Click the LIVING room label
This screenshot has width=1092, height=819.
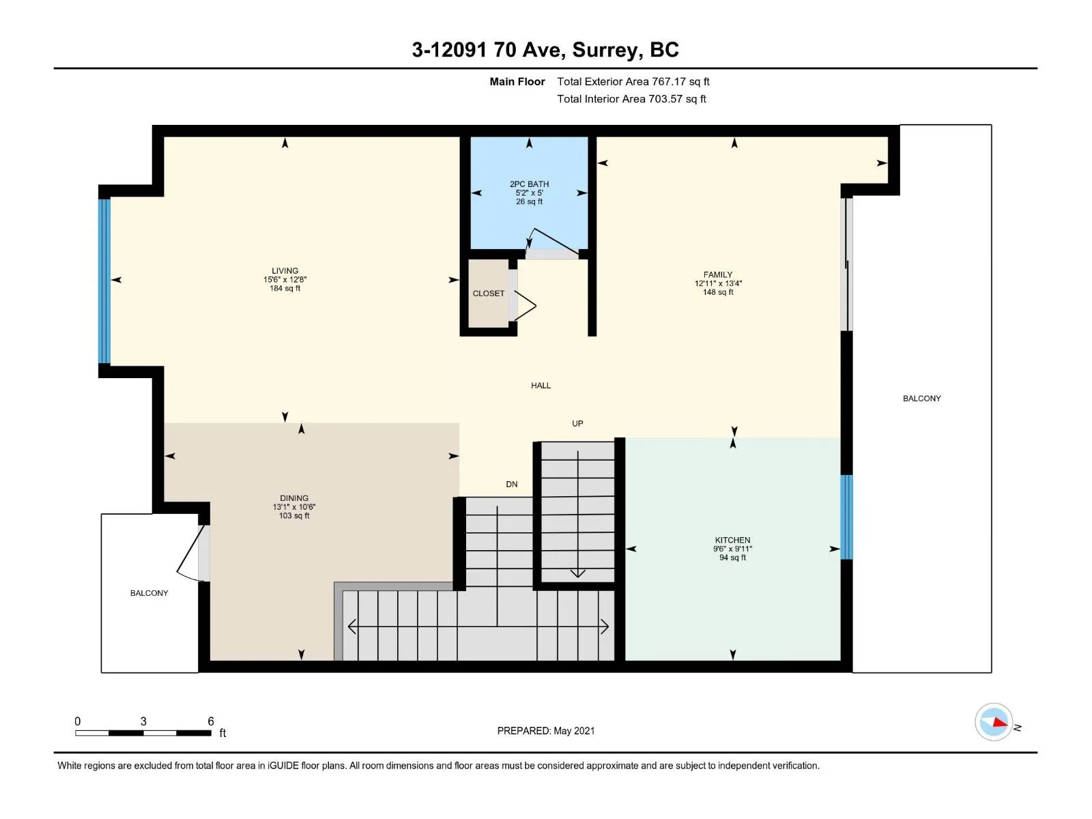tap(285, 271)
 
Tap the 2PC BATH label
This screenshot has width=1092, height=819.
tap(529, 184)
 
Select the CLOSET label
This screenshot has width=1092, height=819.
tap(488, 293)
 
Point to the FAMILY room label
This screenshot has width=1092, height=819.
tap(717, 274)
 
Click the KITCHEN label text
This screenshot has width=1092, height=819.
tap(732, 540)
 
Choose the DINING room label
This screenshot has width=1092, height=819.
tap(293, 498)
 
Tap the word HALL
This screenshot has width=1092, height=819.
tap(541, 386)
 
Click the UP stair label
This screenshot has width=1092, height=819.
tap(577, 424)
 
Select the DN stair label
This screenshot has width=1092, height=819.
tap(511, 485)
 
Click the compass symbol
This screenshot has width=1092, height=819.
tap(994, 722)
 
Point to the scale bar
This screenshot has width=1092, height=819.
tap(143, 732)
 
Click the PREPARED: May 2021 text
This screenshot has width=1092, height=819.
tap(546, 730)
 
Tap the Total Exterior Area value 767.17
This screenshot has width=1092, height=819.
tap(669, 81)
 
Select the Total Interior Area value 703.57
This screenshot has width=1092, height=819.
tap(665, 99)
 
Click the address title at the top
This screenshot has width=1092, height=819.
tap(545, 50)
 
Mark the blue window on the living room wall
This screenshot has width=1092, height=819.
tap(104, 281)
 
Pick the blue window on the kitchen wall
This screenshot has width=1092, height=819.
tap(846, 517)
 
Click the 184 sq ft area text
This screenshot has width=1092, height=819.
tap(285, 289)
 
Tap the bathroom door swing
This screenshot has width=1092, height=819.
tap(552, 244)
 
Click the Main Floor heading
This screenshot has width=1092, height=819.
tap(517, 81)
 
